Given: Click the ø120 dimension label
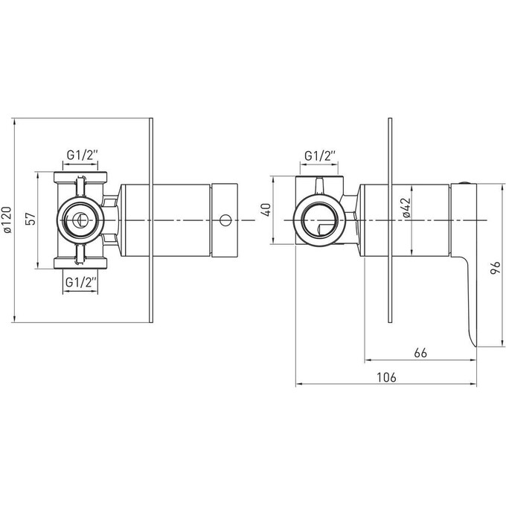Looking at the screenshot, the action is [x=7, y=220].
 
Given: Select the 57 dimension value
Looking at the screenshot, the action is [x=31, y=220].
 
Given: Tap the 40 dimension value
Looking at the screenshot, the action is [x=266, y=210].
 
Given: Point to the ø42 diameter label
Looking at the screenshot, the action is [x=406, y=208].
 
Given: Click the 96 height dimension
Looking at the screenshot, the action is [x=496, y=268].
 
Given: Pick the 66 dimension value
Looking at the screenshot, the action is [x=420, y=353].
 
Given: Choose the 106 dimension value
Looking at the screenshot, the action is [x=386, y=377].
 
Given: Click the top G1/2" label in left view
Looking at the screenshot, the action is [x=82, y=156].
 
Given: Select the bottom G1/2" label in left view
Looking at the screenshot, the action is [x=81, y=282].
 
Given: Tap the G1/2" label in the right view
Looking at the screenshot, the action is [x=320, y=156].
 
